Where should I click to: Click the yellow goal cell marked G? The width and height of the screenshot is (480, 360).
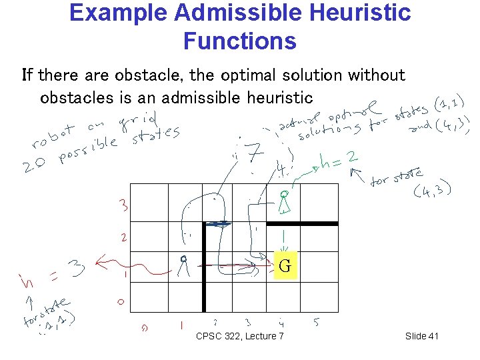[284, 267]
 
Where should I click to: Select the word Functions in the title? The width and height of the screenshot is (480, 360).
[240, 41]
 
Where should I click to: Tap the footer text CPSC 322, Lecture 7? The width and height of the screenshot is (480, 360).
[240, 336]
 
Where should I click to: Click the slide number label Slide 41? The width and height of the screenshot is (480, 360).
[422, 336]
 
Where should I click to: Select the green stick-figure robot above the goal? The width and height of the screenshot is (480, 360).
[284, 201]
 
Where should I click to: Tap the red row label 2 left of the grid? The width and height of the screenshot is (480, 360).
[124, 237]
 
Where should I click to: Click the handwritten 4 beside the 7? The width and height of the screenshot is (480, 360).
[283, 169]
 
